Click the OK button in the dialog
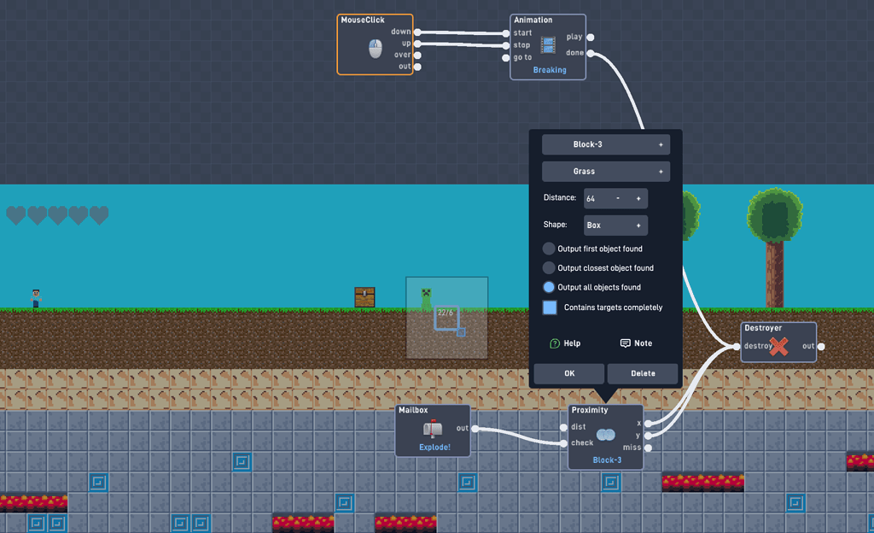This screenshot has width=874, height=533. (x=569, y=373)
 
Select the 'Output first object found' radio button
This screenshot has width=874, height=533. (x=549, y=249)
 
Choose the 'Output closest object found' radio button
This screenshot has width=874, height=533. (x=549, y=268)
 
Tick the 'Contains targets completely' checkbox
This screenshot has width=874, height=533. (x=550, y=307)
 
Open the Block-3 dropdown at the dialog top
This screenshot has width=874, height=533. (x=605, y=144)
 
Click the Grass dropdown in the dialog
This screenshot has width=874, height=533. (x=605, y=172)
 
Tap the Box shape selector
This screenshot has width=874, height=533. (x=615, y=225)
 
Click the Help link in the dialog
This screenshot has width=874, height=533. (x=565, y=343)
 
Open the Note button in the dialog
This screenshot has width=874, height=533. (x=636, y=343)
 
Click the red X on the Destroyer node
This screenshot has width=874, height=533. (x=778, y=346)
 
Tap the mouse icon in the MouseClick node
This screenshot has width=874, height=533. (x=376, y=49)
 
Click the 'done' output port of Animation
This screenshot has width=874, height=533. (x=591, y=53)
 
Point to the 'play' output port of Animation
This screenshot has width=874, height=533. (x=591, y=37)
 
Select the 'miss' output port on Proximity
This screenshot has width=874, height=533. (x=649, y=448)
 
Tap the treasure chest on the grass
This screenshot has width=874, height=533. (x=364, y=297)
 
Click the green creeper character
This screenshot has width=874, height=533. (x=426, y=298)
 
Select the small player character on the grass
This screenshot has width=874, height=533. (x=36, y=298)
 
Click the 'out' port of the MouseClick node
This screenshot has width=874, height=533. (x=417, y=67)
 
